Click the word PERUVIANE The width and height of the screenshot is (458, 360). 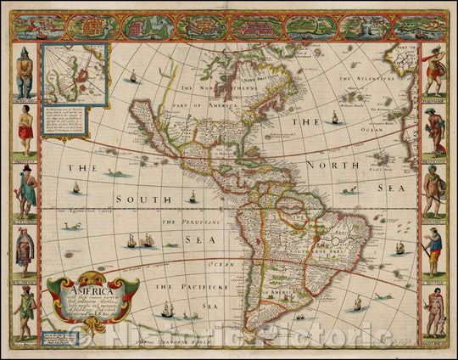pos(183,222)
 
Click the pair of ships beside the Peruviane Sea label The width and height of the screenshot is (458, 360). pos(141,241)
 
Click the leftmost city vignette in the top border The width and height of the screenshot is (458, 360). pos(35,27)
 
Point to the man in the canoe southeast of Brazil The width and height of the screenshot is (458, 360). pos(357,302)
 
